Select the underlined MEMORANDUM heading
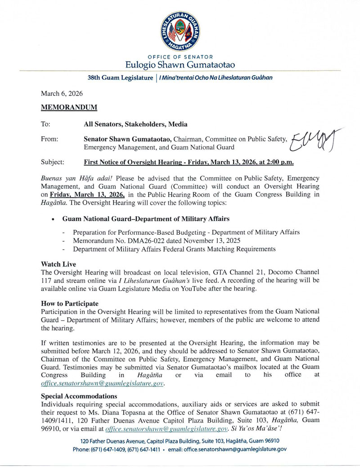point(69,109)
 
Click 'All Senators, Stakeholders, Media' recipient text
point(135,124)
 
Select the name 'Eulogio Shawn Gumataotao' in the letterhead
point(180,64)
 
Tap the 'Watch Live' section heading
point(58,264)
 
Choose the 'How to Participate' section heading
point(70,304)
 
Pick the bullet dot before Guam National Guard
point(54,219)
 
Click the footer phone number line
point(180,449)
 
